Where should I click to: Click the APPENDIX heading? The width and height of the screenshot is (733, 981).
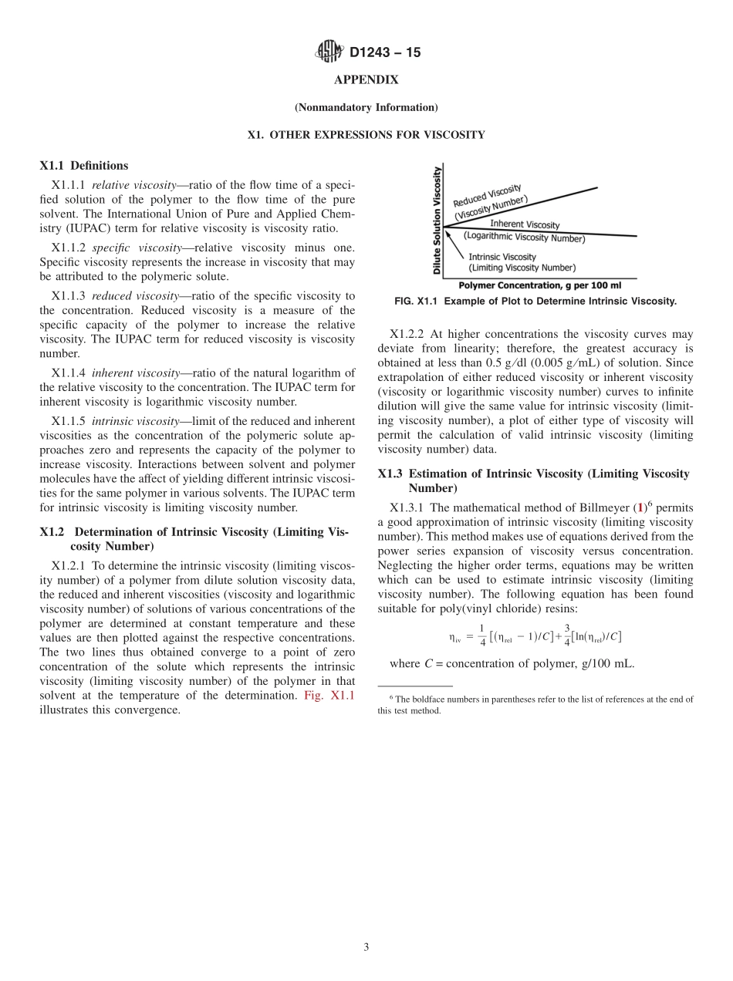(x=366, y=80)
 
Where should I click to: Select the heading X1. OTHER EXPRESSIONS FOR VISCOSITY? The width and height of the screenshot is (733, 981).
(x=366, y=135)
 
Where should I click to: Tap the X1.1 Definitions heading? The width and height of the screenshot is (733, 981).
(x=84, y=166)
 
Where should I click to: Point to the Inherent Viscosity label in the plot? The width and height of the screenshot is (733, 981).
(x=525, y=224)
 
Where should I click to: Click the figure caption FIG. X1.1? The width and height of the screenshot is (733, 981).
(x=535, y=302)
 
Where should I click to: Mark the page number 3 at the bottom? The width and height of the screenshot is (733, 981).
(x=366, y=948)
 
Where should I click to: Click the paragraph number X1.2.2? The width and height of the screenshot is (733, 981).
(x=407, y=335)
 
